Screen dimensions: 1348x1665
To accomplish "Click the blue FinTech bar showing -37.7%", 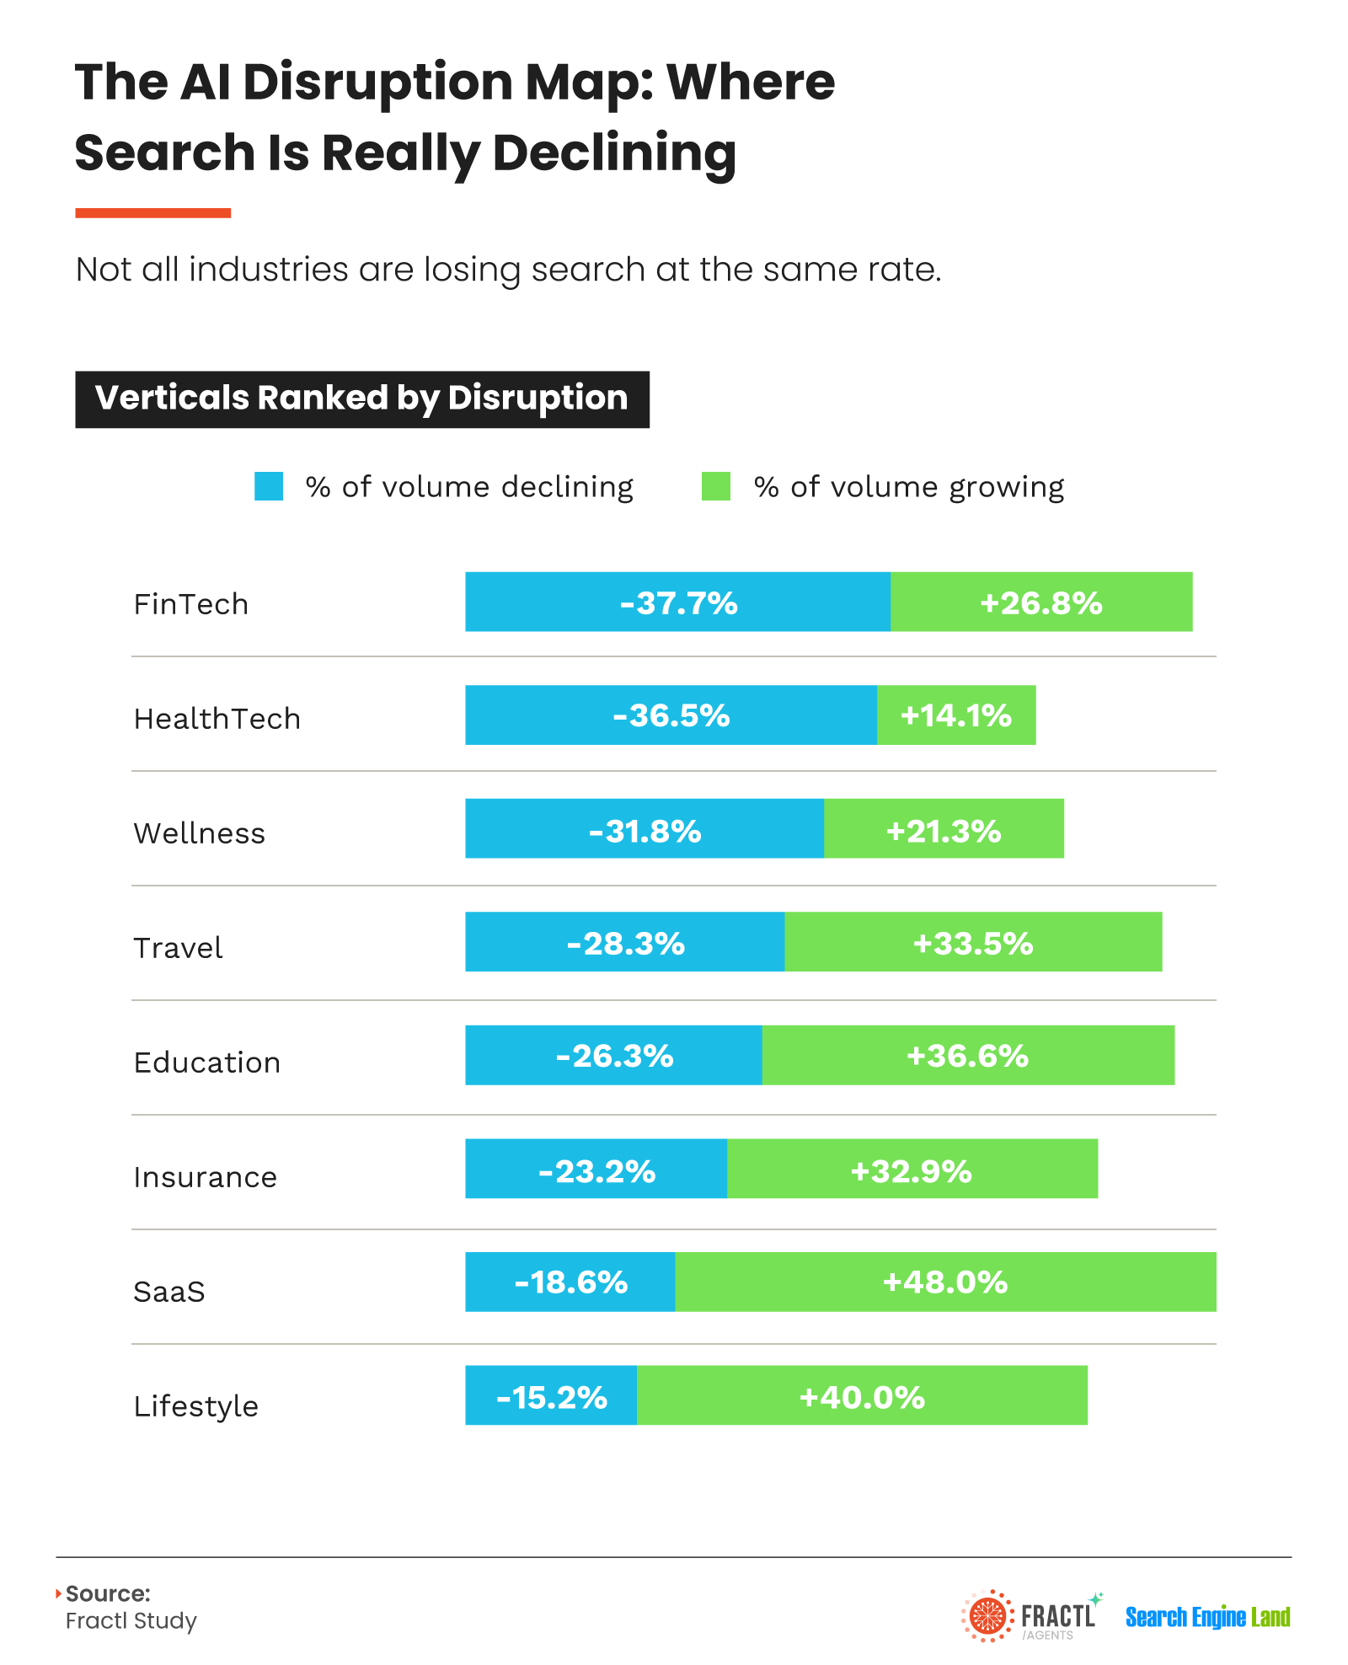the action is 677,602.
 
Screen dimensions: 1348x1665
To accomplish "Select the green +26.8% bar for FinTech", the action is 1041,602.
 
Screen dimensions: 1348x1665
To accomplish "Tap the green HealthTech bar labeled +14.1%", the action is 956,715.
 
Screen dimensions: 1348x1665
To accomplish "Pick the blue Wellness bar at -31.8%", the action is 645,828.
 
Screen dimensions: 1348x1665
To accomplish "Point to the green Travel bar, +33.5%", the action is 973,941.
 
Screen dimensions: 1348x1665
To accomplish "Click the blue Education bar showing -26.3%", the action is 613,1055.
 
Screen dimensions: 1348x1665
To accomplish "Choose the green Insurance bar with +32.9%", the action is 912,1169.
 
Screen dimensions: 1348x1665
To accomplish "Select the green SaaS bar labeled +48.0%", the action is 945,1282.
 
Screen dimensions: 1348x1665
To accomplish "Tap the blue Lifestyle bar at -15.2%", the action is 551,1395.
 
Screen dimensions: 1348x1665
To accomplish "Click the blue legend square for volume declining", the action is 269,486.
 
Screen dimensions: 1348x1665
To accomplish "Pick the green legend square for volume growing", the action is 716,486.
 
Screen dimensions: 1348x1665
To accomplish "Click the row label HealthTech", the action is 217,719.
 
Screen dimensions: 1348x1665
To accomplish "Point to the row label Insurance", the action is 206,1177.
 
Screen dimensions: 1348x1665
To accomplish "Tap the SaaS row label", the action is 169,1292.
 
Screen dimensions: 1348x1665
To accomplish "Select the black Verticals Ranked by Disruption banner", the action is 362,399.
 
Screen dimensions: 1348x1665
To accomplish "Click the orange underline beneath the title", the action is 152,213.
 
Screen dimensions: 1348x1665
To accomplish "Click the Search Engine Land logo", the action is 1208,1617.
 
